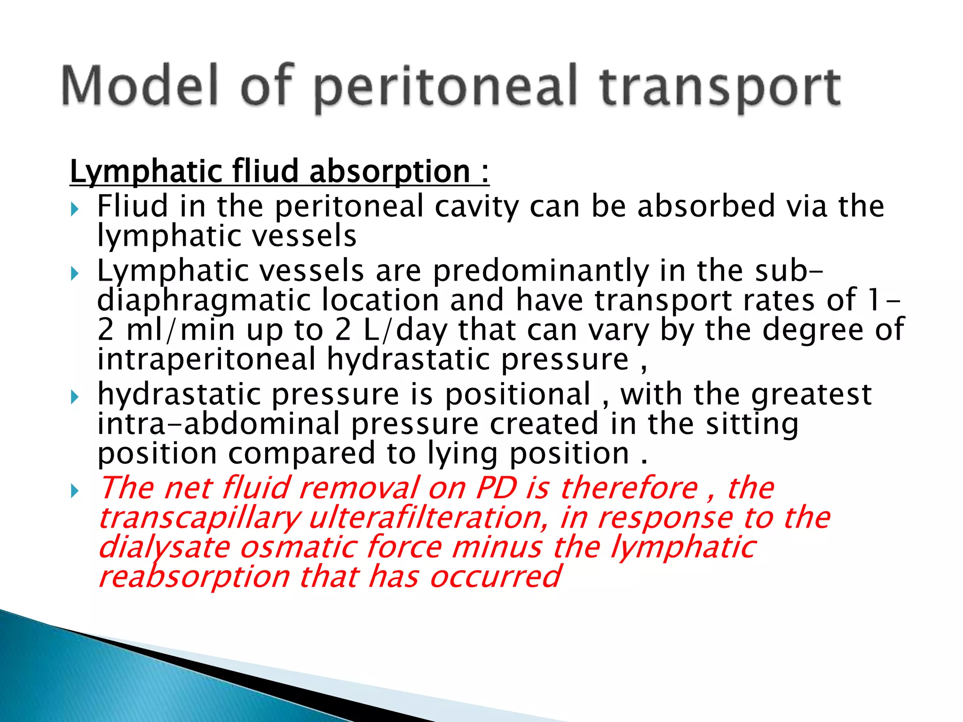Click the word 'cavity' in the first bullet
point(476,207)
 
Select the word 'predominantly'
point(540,272)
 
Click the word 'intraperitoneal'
point(206,359)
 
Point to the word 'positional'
point(518,394)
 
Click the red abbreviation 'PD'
point(497,488)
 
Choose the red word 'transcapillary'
point(199,518)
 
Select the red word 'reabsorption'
point(194,577)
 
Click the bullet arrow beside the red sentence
point(75,492)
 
